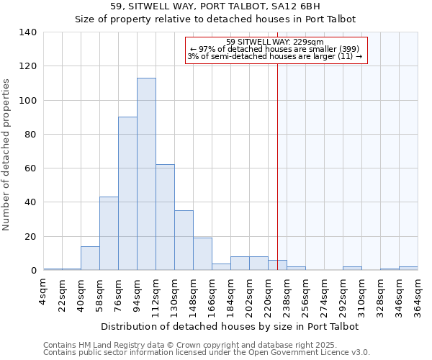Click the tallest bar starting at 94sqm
[x=146, y=174]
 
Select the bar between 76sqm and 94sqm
[x=127, y=194]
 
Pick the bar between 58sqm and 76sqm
[x=109, y=233]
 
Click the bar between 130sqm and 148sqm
[x=184, y=240]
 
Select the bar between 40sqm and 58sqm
[x=90, y=258]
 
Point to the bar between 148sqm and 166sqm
[x=202, y=254]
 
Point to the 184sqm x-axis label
[x=231, y=294]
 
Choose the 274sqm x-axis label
[x=325, y=294]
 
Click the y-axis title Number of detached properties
[x=7, y=151]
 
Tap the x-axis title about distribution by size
[x=230, y=326]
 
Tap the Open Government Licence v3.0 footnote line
[x=207, y=352]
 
